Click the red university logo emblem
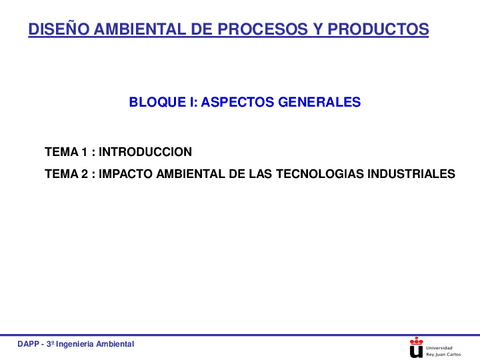(416, 346)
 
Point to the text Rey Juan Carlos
(444, 353)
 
